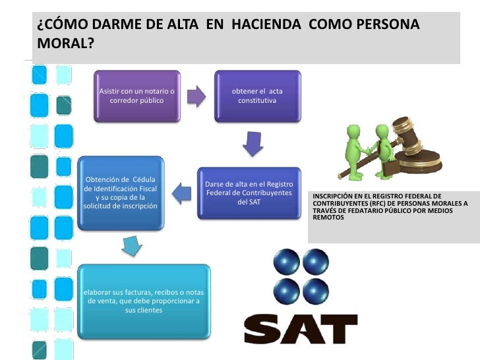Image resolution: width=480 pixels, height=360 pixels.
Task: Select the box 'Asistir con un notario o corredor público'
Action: pos(136,96)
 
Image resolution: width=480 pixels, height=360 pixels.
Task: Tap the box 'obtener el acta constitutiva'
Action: pos(257,96)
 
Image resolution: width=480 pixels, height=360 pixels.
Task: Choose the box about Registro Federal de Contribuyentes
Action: pos(249,193)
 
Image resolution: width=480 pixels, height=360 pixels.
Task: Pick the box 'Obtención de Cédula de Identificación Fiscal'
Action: pos(121,193)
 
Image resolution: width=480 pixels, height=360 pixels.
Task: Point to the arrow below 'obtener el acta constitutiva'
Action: pos(253,143)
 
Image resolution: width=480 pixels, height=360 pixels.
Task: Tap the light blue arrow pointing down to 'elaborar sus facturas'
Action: pos(131,246)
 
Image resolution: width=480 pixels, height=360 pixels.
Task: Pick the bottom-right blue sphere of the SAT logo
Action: pos(316,291)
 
